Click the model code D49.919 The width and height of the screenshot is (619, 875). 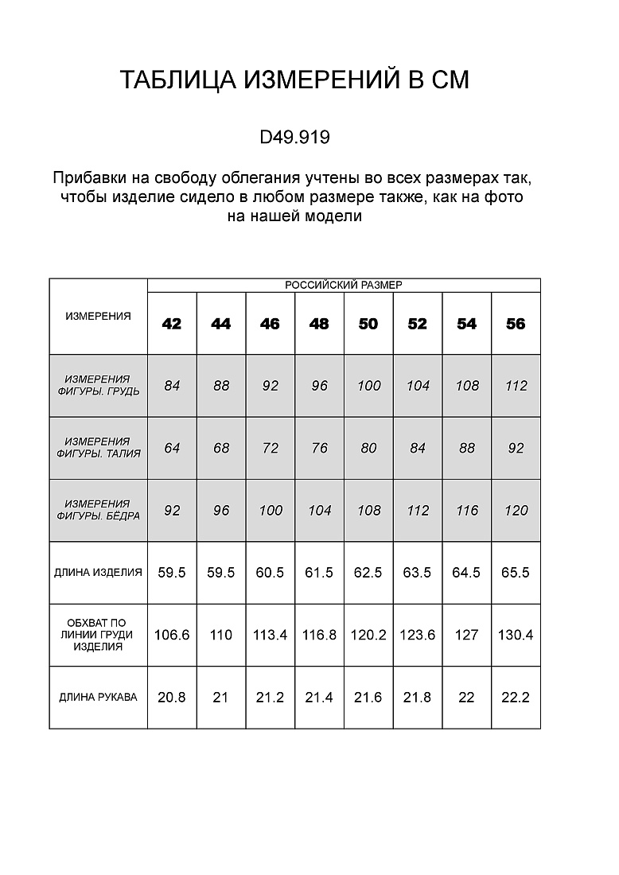294,138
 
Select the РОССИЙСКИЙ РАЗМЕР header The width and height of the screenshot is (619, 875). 344,285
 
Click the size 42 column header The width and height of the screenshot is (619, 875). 172,324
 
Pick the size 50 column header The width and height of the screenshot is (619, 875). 368,324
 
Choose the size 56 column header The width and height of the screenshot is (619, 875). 516,324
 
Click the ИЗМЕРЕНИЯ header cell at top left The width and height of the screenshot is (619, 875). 98,316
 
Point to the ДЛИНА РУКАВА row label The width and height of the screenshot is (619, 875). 98,698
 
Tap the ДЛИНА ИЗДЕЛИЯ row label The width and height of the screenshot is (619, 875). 98,572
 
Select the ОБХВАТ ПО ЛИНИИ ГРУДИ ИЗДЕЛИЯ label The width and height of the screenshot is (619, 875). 98,635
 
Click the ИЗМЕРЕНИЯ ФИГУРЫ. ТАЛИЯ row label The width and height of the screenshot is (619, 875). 98,448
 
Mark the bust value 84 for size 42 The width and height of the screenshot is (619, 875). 172,386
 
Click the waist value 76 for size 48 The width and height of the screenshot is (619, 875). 320,448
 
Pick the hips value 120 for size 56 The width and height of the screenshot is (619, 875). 516,511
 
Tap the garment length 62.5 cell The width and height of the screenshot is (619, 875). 368,573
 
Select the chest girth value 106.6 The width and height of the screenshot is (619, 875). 172,635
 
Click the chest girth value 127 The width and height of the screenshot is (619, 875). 467,635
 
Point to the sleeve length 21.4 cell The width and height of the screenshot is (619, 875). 320,698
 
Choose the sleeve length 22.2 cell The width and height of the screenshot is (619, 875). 516,698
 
